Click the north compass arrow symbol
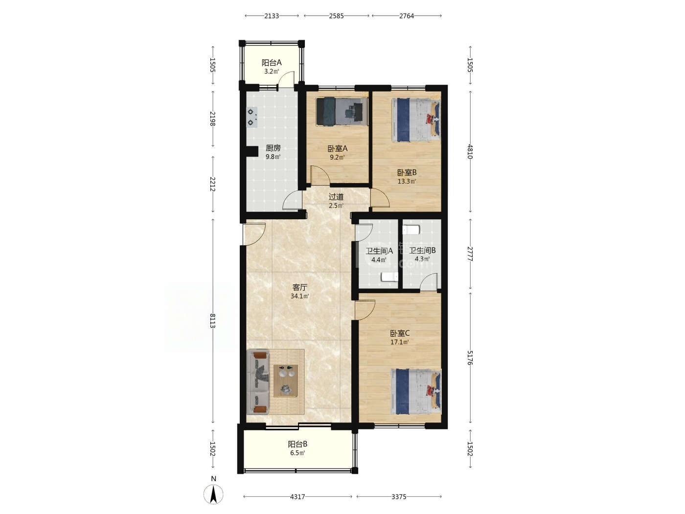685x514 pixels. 213,494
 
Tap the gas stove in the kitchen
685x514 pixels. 252,117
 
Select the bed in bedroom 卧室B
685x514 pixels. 416,120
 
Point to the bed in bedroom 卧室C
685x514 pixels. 416,391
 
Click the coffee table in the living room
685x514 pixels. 286,381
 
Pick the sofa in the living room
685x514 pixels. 258,383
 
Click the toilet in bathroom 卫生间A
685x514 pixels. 389,277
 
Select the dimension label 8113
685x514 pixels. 213,321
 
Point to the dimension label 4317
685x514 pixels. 297,496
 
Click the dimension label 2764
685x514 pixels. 407,16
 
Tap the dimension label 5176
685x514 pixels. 470,357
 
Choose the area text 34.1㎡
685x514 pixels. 299,296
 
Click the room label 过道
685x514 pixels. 336,197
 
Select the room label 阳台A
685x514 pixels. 272,63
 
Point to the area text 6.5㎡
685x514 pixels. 297,453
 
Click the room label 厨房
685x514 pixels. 273,148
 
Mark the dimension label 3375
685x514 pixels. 399,496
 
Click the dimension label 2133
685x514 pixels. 272,16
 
